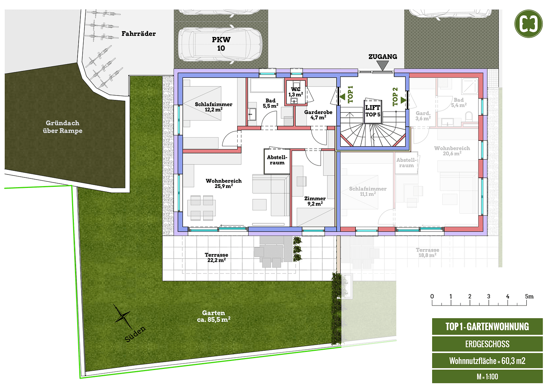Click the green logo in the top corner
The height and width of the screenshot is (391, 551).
tap(529, 24)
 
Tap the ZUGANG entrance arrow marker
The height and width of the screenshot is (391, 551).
tap(383, 65)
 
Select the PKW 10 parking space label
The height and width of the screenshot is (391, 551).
tap(221, 44)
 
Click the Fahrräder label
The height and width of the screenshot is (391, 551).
tap(138, 34)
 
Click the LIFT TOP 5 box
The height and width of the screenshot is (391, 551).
tap(372, 111)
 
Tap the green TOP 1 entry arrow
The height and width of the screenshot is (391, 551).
tap(342, 97)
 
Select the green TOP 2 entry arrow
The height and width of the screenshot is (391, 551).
tap(403, 100)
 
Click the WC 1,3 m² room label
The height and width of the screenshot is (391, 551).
tap(296, 92)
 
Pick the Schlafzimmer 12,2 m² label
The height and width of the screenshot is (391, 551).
tap(213, 107)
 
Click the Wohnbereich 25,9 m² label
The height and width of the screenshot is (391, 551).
tap(224, 183)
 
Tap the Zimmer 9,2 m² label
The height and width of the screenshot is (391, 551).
tap(315, 201)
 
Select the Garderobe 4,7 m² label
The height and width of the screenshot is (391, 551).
tap(318, 115)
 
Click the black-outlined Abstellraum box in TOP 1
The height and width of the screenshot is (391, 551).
tap(277, 160)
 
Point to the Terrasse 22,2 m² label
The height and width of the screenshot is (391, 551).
tap(216, 257)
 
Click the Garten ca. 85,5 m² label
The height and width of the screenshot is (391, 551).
tap(213, 316)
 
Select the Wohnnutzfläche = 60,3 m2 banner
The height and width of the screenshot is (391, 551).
tap(487, 361)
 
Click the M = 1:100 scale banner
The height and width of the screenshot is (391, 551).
tap(487, 377)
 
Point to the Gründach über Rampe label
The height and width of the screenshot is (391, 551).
tap(62, 127)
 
